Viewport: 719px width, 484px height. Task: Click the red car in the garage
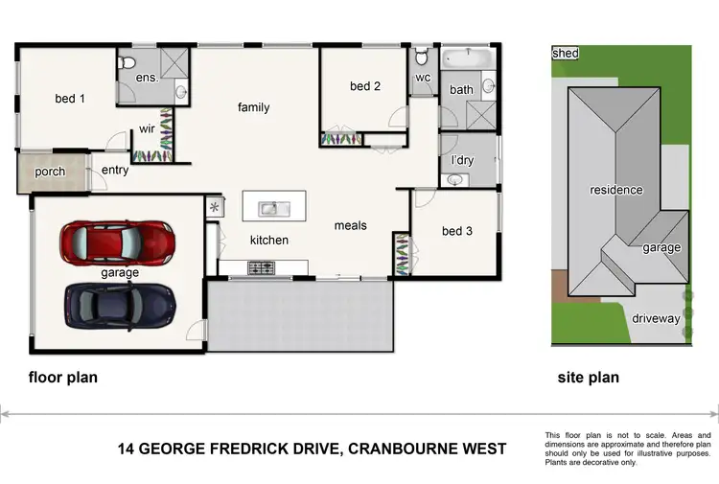[x=117, y=242]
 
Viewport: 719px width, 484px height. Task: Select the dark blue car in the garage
[x=120, y=305]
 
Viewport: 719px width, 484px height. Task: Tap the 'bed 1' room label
[x=70, y=99]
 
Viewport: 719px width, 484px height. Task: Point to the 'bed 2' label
[x=365, y=86]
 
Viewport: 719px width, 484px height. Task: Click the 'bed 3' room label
[x=457, y=231]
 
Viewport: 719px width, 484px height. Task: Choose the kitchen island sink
[x=273, y=207]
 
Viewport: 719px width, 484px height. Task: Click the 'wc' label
[x=423, y=80]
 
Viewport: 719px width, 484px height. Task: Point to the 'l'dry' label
[x=462, y=160]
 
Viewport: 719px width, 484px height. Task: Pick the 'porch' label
[x=50, y=173]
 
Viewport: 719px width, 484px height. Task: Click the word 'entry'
[x=115, y=171]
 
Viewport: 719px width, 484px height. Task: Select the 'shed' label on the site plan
[x=566, y=54]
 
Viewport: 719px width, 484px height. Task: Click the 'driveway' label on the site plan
[x=656, y=318]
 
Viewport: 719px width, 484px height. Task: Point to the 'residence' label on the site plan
[x=616, y=190]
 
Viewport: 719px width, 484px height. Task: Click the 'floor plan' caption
[x=63, y=378]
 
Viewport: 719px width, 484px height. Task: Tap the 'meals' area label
[x=350, y=226]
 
